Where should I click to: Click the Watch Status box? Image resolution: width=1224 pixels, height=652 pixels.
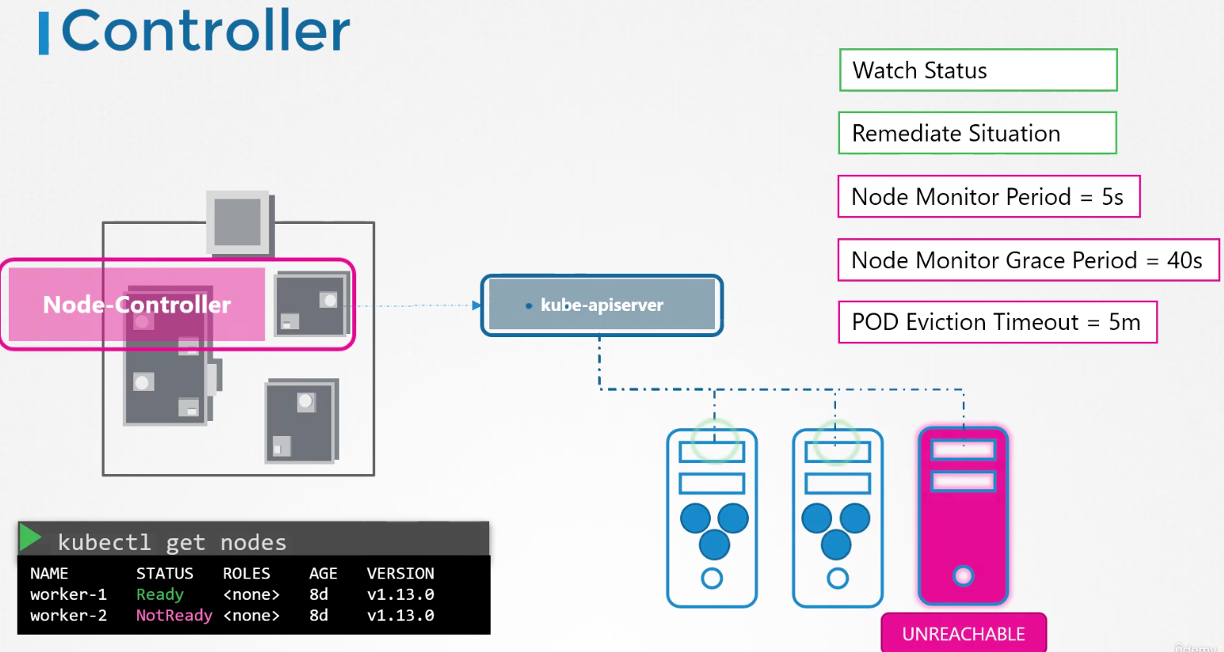(x=978, y=70)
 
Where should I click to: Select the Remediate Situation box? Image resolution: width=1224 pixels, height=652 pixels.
(x=978, y=133)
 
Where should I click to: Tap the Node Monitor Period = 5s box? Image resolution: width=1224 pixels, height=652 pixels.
(x=989, y=196)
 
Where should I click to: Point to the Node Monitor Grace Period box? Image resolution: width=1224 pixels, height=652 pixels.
(x=1028, y=260)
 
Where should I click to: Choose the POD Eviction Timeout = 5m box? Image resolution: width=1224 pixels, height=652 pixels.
(x=998, y=322)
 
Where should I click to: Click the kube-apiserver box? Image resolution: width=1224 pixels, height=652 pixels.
(x=602, y=305)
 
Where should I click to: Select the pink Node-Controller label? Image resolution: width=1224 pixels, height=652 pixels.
(x=137, y=304)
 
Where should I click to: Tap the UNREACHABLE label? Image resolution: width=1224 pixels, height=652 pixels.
(x=964, y=634)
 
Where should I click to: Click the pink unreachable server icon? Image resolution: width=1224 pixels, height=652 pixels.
(x=964, y=516)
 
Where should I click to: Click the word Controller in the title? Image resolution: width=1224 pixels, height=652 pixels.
(x=206, y=31)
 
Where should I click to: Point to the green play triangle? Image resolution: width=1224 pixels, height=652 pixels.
(x=30, y=537)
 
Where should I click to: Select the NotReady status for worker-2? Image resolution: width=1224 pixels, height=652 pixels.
(x=173, y=616)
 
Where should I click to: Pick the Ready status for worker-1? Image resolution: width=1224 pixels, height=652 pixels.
(x=160, y=594)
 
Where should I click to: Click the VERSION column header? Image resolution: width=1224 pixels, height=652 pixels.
(x=400, y=574)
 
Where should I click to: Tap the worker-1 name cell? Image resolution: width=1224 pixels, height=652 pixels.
(x=68, y=594)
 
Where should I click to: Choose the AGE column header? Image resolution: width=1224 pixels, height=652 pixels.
(x=323, y=574)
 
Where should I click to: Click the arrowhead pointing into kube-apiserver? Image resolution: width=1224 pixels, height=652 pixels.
(x=477, y=305)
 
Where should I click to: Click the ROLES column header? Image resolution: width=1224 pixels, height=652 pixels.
(x=246, y=574)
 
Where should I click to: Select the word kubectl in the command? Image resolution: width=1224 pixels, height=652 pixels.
(x=104, y=542)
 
